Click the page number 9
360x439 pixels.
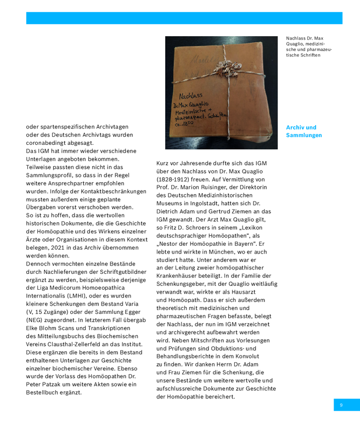pyautogui.click(x=341, y=405)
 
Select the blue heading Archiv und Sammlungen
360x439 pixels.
pyautogui.click(x=303, y=131)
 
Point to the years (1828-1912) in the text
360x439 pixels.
pyautogui.click(x=175, y=179)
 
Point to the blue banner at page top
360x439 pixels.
pyautogui.click(x=184, y=18)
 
